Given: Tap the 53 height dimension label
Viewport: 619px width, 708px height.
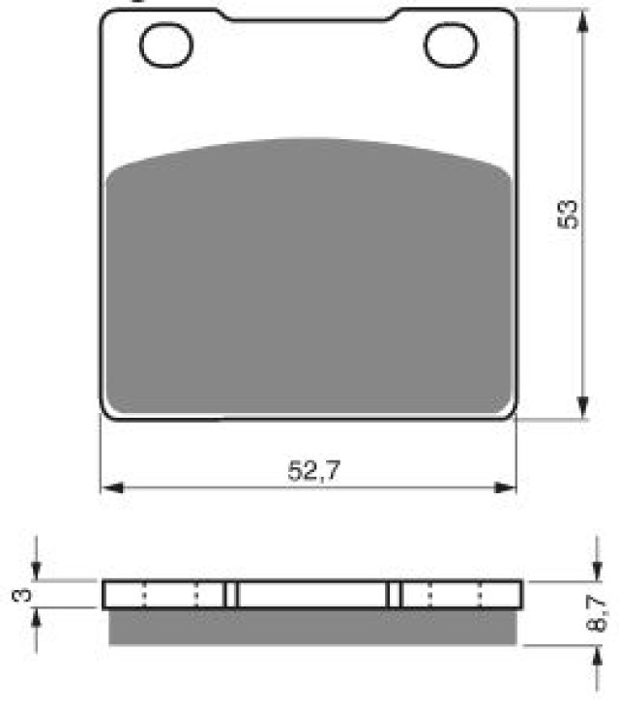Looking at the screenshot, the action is [568, 214].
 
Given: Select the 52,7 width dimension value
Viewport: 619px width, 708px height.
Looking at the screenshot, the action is [313, 471].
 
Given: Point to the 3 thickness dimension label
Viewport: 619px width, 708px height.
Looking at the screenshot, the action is [22, 595].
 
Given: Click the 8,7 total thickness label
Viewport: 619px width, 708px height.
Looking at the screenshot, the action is [596, 613].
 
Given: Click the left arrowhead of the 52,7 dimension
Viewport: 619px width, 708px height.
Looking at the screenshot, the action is [111, 487].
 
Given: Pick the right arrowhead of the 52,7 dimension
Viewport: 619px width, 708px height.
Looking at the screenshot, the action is [505, 487].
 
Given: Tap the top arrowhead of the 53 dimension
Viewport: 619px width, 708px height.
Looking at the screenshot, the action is [583, 21].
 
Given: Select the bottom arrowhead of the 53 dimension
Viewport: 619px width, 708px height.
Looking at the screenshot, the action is [583, 407].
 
